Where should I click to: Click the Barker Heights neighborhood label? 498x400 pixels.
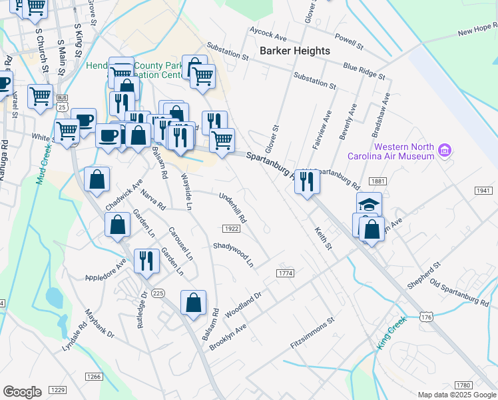[294, 51]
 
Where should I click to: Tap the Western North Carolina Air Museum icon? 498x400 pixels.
[444, 151]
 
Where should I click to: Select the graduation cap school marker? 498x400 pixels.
[368, 204]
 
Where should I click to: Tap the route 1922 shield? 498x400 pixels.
[231, 229]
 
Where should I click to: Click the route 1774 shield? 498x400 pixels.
[285, 273]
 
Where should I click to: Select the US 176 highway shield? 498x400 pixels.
[427, 317]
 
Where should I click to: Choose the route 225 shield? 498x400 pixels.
[158, 293]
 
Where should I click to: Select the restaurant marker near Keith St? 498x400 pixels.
[307, 181]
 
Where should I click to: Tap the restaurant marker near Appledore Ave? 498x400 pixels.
[146, 261]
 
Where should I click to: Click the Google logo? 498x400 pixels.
[22, 392]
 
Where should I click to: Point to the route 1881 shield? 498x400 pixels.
[379, 181]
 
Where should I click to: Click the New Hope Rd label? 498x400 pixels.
[478, 30]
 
